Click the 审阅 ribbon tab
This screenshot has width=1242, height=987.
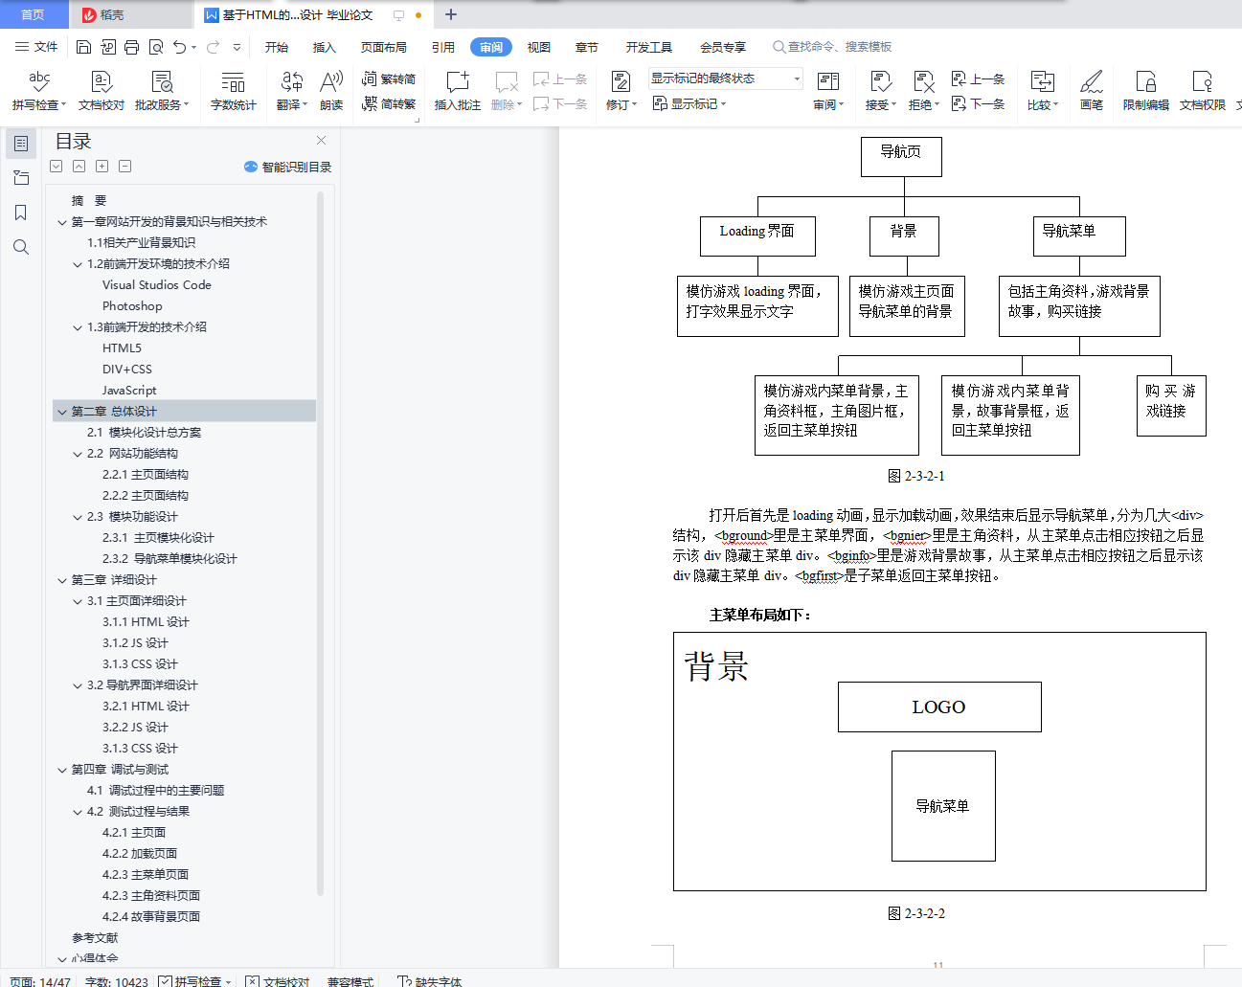[491, 47]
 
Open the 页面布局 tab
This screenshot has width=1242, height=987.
[383, 47]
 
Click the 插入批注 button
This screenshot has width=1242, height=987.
[458, 90]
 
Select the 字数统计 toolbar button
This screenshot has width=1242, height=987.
[234, 90]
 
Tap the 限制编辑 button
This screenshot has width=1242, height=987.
[1145, 90]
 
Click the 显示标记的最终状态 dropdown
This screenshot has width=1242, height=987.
[726, 79]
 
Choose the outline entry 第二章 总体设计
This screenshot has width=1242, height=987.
[114, 412]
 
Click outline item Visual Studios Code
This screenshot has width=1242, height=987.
[157, 285]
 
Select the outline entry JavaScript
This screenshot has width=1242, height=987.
[129, 391]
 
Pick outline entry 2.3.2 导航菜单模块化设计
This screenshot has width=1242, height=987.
[169, 559]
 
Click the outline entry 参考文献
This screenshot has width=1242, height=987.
[95, 938]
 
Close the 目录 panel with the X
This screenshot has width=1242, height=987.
[321, 141]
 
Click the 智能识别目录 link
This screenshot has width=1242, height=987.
[288, 167]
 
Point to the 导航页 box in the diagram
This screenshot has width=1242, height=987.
[901, 157]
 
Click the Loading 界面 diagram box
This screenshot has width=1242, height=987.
[757, 236]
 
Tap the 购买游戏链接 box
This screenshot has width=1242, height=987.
[1170, 405]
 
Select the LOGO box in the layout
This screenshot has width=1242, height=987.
[938, 707]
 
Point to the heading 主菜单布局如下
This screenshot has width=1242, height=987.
[760, 615]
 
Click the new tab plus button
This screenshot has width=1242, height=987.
[451, 14]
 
